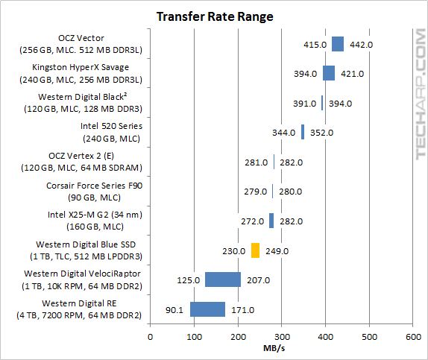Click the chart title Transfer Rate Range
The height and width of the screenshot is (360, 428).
[x=214, y=16]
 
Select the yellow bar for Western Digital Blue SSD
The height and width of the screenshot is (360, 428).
[x=255, y=250]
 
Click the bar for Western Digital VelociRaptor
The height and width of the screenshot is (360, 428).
[x=223, y=280]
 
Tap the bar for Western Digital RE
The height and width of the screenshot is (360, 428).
[x=207, y=309]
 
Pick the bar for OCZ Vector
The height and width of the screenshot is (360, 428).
[x=338, y=45]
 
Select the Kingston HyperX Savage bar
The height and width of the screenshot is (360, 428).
[x=329, y=74]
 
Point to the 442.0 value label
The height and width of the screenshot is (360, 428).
[x=361, y=45]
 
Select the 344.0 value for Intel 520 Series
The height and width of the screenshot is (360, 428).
[x=284, y=133]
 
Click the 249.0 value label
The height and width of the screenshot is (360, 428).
[x=277, y=251]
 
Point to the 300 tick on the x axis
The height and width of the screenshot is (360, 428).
[x=282, y=337]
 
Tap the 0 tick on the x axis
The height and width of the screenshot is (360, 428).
[x=151, y=337]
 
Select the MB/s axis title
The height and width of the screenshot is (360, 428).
[x=281, y=349]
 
